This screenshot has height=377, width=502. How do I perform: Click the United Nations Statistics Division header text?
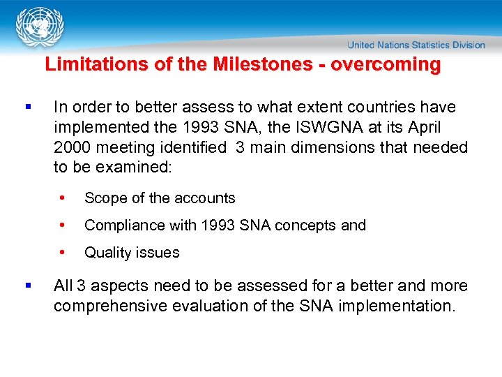(x=416, y=45)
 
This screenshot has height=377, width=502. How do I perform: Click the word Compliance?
(x=122, y=226)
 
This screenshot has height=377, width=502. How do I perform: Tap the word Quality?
(x=106, y=253)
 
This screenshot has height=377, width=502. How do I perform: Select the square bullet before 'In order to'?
(x=27, y=108)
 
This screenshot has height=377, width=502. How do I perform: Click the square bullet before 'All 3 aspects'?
(x=27, y=286)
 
